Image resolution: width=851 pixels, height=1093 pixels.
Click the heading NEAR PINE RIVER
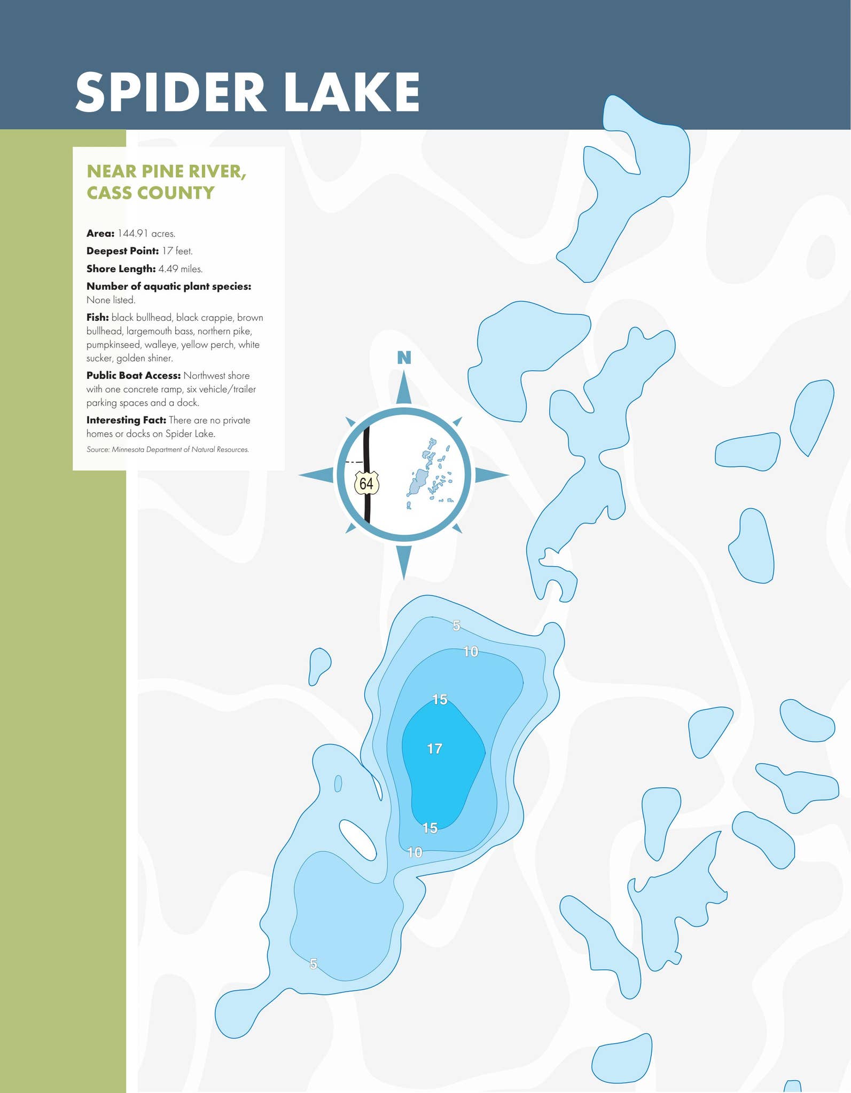166,171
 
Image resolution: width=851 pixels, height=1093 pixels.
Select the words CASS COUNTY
151,193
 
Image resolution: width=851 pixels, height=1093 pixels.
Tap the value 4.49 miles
181,268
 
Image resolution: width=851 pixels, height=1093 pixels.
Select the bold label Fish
98,318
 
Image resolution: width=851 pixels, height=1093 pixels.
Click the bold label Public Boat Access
134,376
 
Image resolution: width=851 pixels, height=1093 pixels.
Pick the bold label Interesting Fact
126,421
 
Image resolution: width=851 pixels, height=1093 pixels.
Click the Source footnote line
168,449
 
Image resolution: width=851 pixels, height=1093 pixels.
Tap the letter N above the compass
404,358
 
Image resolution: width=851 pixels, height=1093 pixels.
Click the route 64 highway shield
366,484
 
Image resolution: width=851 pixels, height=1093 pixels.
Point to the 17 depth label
435,749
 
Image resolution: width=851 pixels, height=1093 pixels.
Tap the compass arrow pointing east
490,474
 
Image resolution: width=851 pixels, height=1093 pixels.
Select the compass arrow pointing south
404,560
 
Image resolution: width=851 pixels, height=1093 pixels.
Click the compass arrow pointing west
316,474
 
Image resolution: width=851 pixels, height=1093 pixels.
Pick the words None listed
111,300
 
